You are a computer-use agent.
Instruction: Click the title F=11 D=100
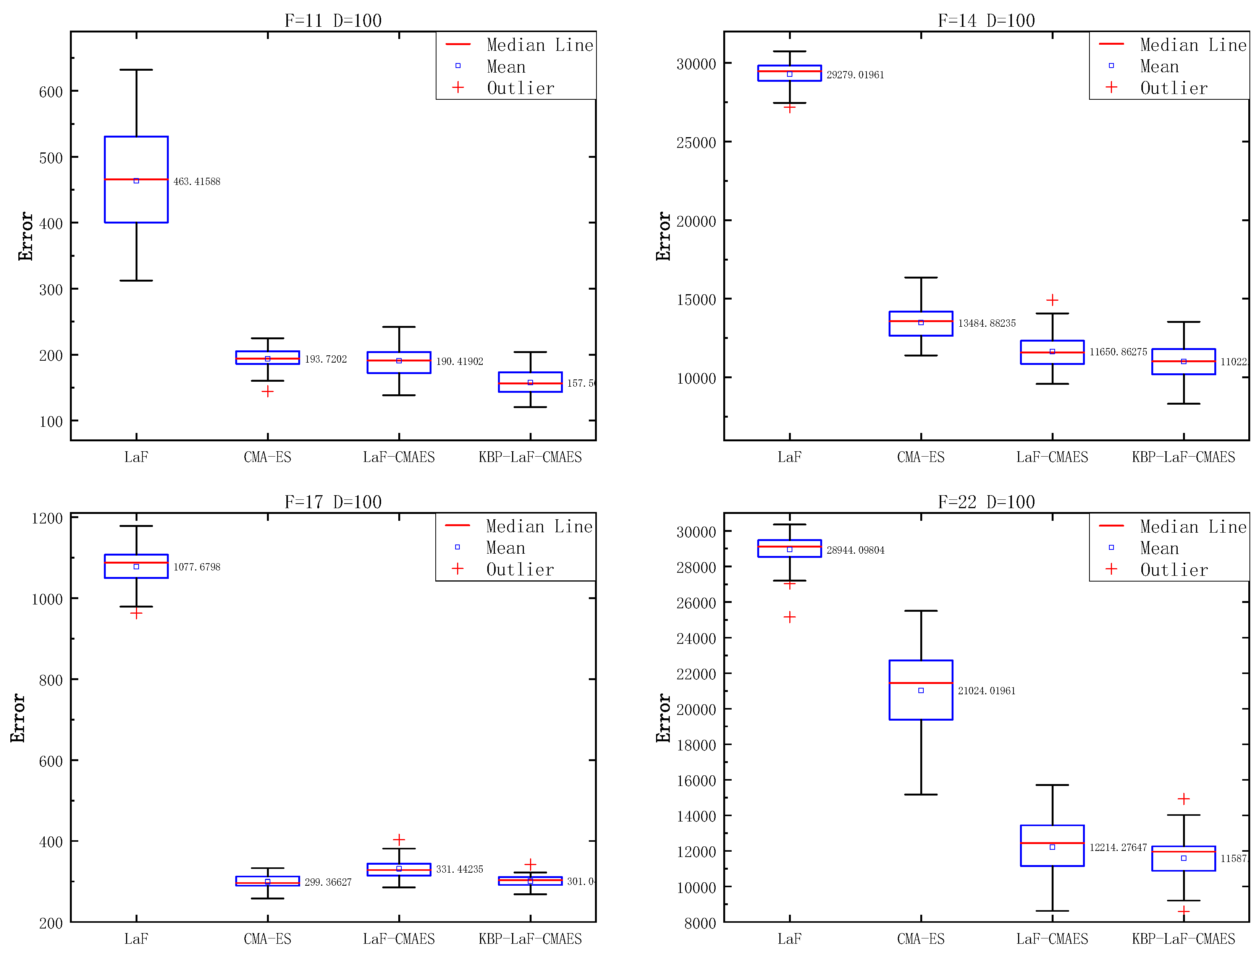[x=333, y=21]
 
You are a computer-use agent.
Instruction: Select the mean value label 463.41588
[x=196, y=181]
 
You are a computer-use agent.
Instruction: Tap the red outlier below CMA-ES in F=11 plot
[x=268, y=392]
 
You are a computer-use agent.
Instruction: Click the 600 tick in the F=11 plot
[x=51, y=92]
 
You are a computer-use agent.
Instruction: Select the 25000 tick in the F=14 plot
[x=695, y=143]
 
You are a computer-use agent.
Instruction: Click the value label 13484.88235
[x=986, y=323]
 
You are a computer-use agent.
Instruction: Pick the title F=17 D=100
[x=333, y=502]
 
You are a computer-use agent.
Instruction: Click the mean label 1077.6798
[x=196, y=567]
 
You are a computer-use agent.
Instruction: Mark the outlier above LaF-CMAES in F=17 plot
[x=399, y=839]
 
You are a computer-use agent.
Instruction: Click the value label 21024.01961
[x=986, y=691]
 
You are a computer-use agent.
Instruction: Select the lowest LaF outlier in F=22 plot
[x=789, y=617]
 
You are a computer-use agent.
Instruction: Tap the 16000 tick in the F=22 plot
[x=695, y=781]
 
